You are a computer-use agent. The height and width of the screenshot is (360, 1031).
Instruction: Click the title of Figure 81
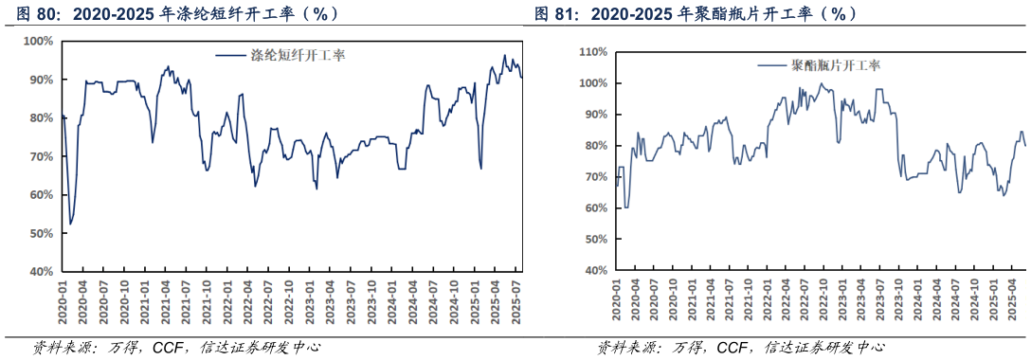(x=696, y=14)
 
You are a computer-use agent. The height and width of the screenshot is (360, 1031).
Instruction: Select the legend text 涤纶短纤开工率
(x=297, y=56)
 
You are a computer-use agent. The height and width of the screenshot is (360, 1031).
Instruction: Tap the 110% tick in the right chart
(x=593, y=52)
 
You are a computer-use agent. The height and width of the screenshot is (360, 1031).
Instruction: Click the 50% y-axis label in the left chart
(x=41, y=233)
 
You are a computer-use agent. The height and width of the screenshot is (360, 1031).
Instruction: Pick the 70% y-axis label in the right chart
(x=594, y=177)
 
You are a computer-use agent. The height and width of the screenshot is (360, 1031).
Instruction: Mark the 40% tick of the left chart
(x=41, y=272)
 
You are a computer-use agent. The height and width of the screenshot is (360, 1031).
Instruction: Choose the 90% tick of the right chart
(x=594, y=115)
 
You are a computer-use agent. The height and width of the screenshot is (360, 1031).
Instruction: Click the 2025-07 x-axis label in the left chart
(x=515, y=300)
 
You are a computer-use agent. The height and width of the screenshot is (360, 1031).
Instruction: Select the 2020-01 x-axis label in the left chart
(x=63, y=300)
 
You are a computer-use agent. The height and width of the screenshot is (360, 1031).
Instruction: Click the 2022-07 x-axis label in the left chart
(x=268, y=300)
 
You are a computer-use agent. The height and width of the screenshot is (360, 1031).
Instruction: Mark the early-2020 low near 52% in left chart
(x=70, y=225)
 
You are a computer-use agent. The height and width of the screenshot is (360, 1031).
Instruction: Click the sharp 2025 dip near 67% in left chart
(x=481, y=169)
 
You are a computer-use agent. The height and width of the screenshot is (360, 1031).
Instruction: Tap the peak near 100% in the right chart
(x=821, y=84)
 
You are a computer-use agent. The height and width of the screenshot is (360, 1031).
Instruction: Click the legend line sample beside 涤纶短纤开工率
(x=232, y=56)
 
